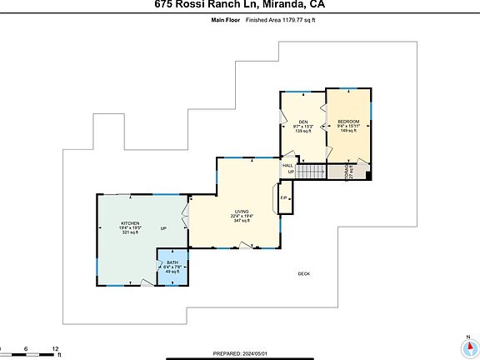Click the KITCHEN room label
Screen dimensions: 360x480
tap(130, 223)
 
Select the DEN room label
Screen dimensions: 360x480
tap(303, 122)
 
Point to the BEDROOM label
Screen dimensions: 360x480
tap(349, 122)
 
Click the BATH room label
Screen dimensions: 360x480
tap(172, 262)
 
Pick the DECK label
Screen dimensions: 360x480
tap(305, 273)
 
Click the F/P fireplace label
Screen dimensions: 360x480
tap(283, 197)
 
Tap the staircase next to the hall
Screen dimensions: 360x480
tap(310, 172)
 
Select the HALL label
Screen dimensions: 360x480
tap(287, 166)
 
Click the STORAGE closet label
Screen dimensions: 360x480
tap(347, 171)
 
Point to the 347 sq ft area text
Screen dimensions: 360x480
tap(241, 222)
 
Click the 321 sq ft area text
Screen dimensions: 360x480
tap(130, 232)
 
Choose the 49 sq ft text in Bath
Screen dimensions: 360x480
tap(172, 272)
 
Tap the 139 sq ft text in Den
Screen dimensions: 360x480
tap(303, 132)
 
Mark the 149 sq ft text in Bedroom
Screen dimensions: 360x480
tap(349, 131)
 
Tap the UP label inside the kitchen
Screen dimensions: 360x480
tap(164, 228)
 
